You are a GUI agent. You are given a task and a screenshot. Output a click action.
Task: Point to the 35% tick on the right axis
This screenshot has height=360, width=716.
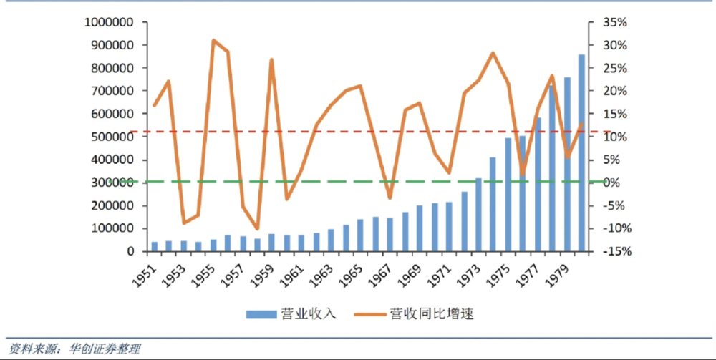tap(611, 22)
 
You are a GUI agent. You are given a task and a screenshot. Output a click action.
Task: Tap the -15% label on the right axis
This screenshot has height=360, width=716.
tap(613, 252)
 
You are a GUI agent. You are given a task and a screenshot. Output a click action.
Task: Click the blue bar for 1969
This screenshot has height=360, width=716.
tap(420, 228)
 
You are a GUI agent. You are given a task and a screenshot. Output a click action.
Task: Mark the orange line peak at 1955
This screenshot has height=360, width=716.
tap(213, 40)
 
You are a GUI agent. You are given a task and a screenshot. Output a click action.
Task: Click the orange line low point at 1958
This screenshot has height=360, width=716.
tap(257, 229)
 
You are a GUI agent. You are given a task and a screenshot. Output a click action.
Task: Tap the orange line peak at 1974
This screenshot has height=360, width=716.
tap(493, 53)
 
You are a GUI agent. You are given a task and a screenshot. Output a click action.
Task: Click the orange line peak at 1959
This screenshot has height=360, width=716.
tap(272, 59)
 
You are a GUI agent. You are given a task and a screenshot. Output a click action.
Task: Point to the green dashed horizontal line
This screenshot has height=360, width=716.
tap(329, 182)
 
